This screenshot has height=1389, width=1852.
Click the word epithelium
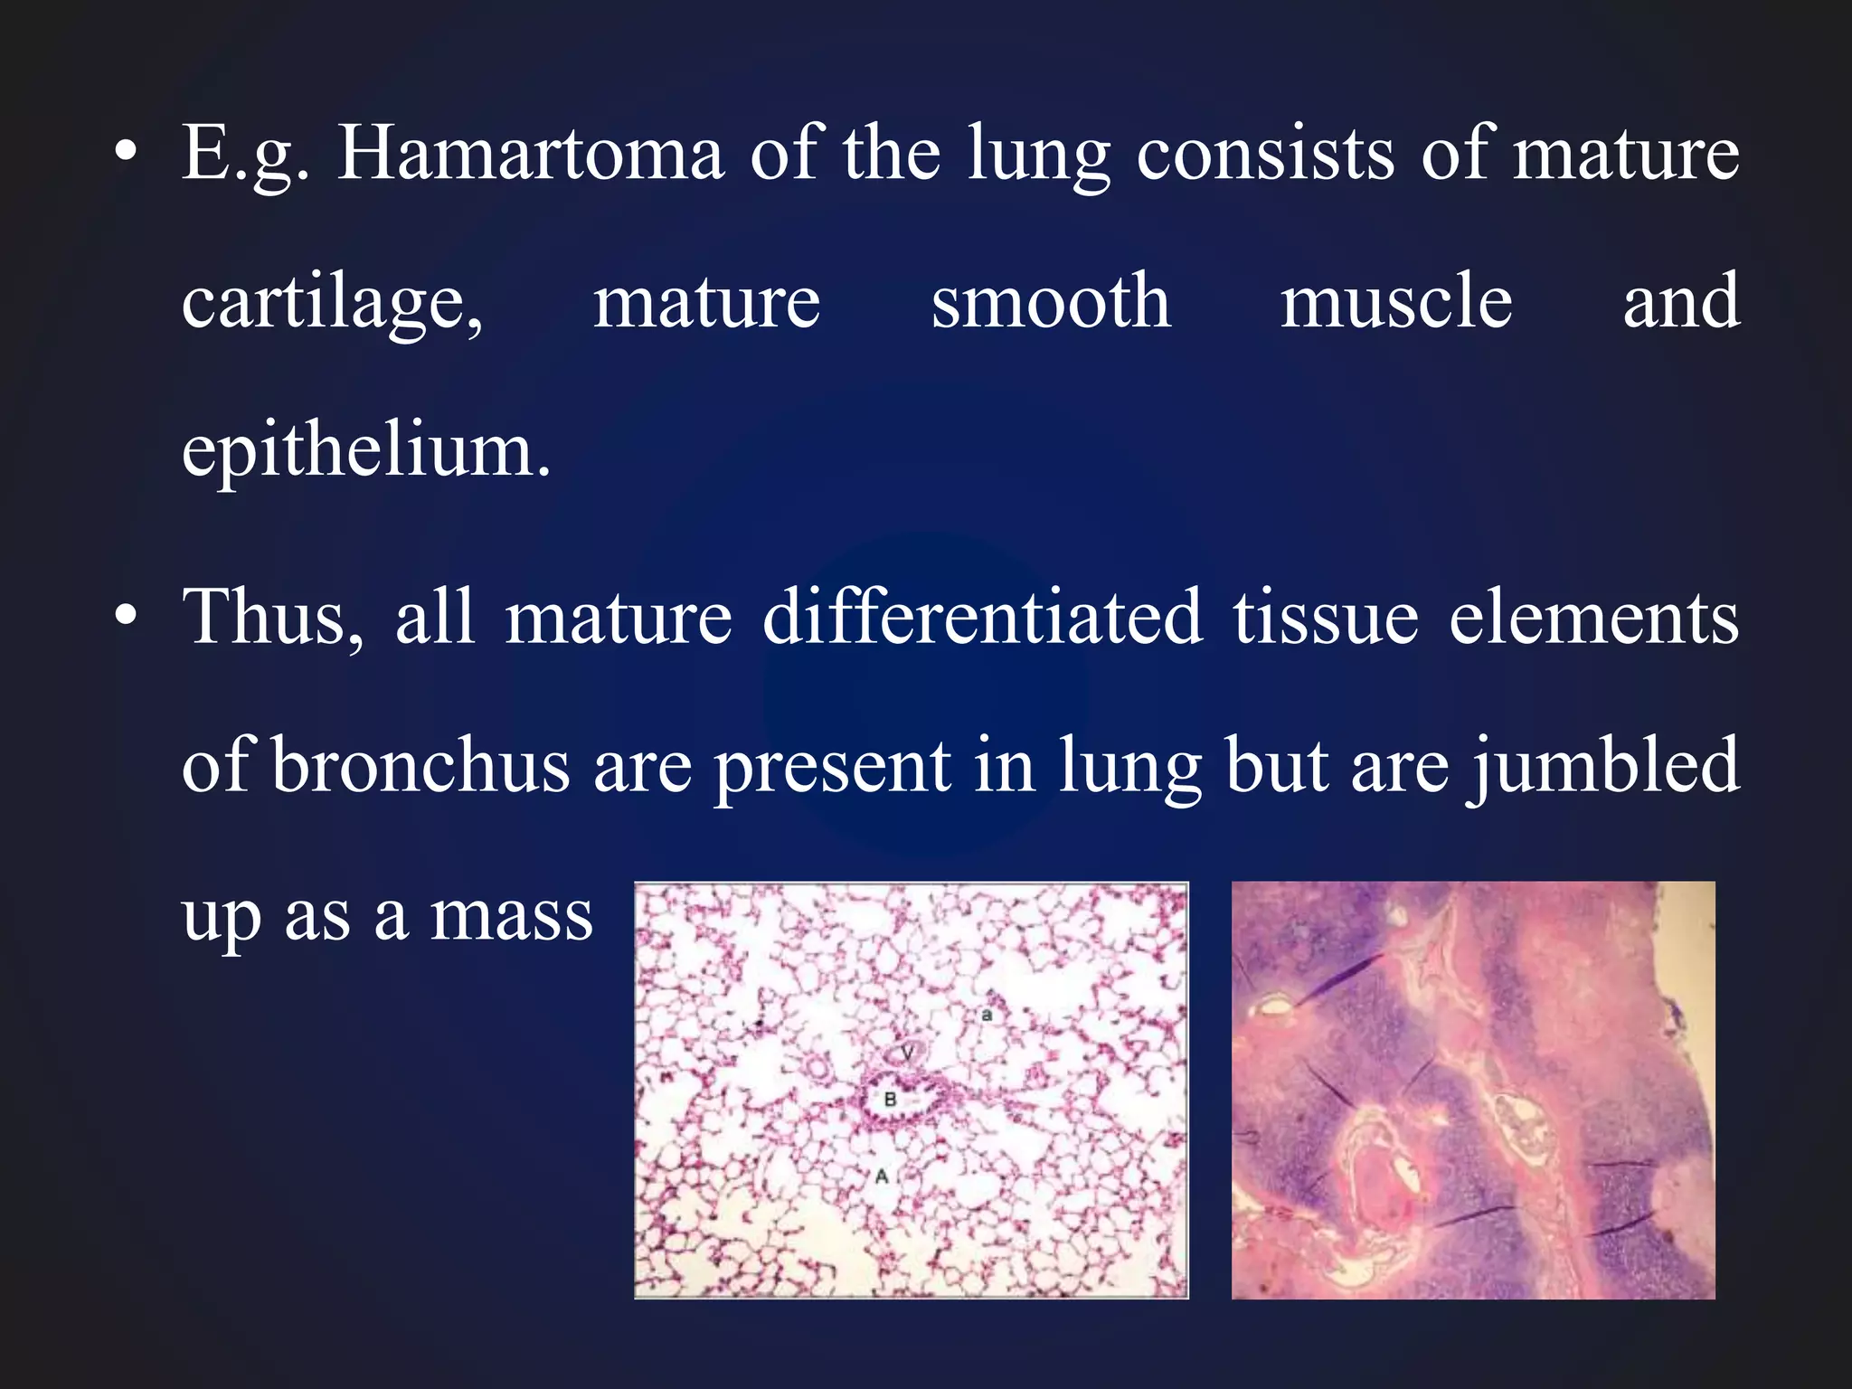pyautogui.click(x=365, y=451)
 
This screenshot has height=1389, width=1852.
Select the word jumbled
pyautogui.click(x=1603, y=767)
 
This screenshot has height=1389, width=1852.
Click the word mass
pyautogui.click(x=511, y=915)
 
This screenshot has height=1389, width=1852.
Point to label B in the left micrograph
pyautogui.click(x=890, y=1100)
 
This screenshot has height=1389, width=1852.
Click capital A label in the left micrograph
pyautogui.click(x=882, y=1176)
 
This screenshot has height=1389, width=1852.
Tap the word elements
pyautogui.click(x=1593, y=618)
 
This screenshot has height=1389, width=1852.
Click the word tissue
pyautogui.click(x=1326, y=618)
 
